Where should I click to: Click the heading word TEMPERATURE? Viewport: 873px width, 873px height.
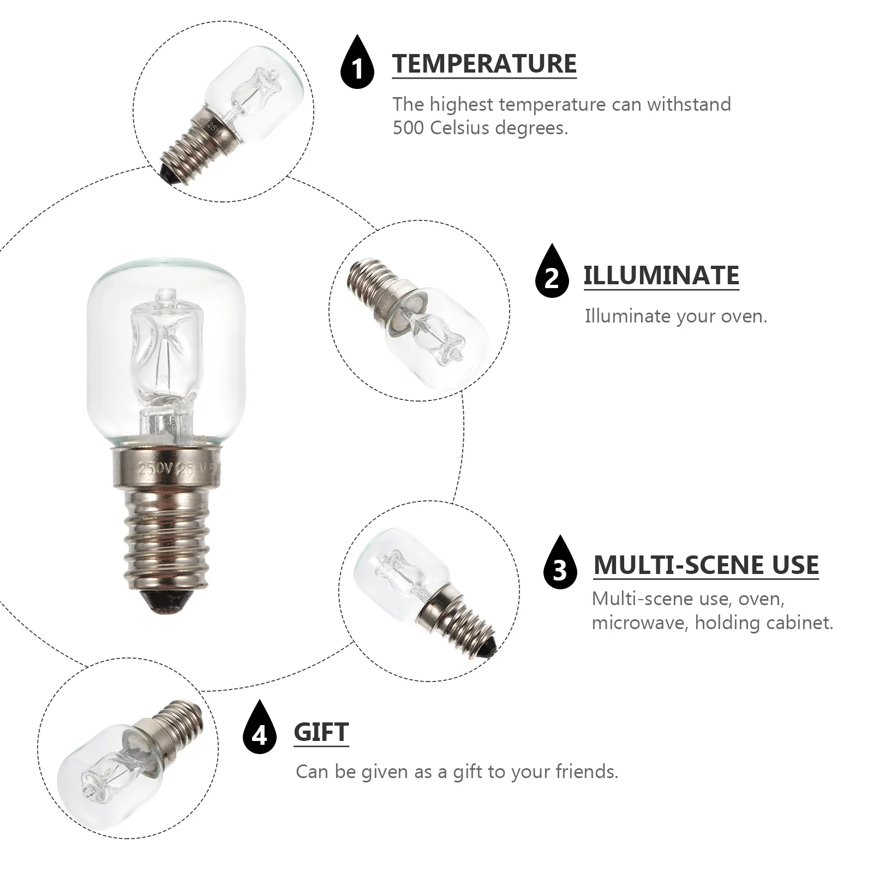484,64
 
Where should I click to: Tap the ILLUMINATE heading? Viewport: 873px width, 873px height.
661,276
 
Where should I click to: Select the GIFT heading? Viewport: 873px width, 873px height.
321,732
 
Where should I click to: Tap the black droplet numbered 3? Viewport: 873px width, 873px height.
560,566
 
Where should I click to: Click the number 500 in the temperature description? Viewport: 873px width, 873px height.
408,128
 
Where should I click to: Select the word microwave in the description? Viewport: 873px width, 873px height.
639,623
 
